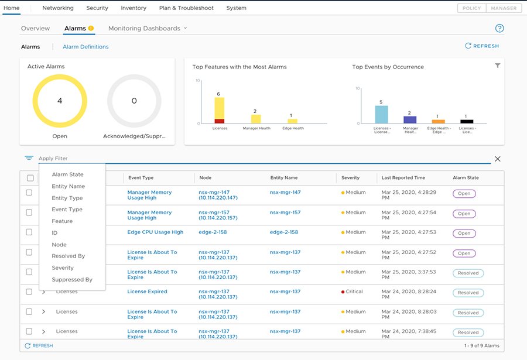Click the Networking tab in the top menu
click(58, 8)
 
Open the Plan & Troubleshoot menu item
click(186, 8)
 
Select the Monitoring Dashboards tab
click(144, 28)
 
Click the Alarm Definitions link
click(85, 47)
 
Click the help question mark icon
click(499, 28)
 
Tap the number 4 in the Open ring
click(60, 101)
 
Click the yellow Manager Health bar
click(256, 119)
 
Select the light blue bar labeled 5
click(381, 114)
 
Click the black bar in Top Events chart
click(467, 121)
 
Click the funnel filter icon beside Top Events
click(497, 66)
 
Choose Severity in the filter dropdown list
click(63, 268)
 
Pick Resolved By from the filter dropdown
click(68, 256)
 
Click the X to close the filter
click(498, 159)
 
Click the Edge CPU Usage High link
click(155, 232)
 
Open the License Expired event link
click(147, 292)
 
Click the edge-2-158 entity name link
click(283, 232)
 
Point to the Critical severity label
click(354, 292)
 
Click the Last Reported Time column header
click(403, 178)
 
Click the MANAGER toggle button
click(504, 8)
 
